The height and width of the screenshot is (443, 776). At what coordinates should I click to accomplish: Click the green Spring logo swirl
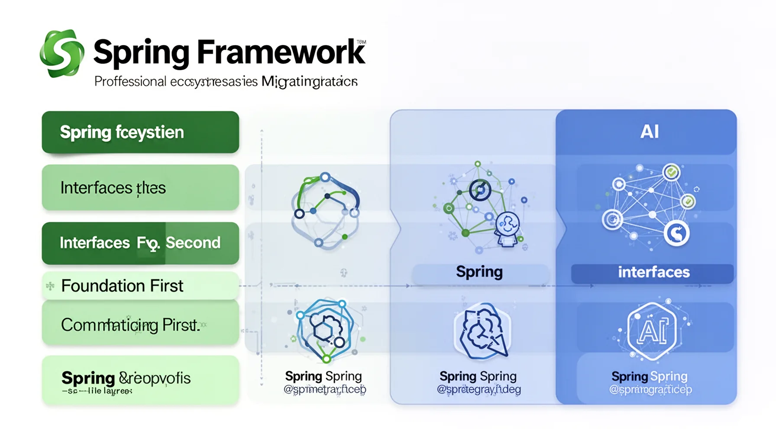click(x=62, y=53)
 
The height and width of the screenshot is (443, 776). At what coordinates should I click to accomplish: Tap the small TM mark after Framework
click(x=361, y=42)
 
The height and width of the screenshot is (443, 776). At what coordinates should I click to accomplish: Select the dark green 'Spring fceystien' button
click(x=140, y=132)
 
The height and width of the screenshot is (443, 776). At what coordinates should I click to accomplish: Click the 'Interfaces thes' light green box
click(x=140, y=188)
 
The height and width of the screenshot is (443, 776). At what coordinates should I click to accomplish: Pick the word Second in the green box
click(x=193, y=243)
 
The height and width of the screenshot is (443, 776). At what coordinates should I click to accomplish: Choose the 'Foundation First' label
click(x=122, y=286)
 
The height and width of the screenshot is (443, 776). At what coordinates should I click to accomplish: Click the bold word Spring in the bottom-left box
click(x=88, y=378)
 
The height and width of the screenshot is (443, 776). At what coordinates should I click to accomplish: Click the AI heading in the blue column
click(x=649, y=132)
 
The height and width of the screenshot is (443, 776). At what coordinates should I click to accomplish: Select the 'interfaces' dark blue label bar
click(x=653, y=273)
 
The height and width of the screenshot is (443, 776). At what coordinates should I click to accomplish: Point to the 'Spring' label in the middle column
click(x=479, y=272)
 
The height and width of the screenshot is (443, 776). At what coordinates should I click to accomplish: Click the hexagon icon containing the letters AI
click(x=652, y=331)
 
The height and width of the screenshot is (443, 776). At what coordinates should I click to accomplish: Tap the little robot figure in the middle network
click(x=508, y=229)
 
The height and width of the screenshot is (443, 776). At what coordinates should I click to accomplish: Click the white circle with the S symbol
click(x=676, y=233)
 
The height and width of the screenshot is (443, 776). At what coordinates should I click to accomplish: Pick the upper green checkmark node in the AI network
click(x=671, y=172)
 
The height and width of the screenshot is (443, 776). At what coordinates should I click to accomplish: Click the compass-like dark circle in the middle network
click(x=480, y=190)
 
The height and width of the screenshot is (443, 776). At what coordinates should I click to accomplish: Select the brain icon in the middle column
click(x=482, y=331)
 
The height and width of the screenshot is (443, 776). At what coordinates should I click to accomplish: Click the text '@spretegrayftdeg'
click(x=479, y=389)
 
